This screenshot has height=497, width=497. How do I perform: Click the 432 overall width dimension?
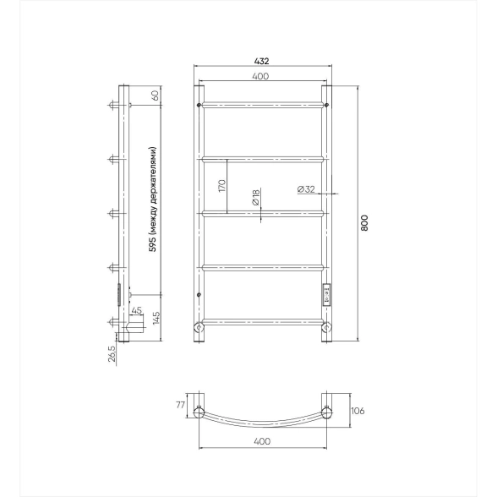click(x=261, y=61)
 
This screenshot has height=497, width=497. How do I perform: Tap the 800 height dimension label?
click(x=364, y=223)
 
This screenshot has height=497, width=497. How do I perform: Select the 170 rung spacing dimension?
click(x=221, y=186)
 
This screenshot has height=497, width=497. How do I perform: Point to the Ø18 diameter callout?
click(x=256, y=197)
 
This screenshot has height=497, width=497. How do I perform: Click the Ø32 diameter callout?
click(x=306, y=189)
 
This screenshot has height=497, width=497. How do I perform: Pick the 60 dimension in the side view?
click(x=156, y=95)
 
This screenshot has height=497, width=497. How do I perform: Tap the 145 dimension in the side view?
click(x=156, y=318)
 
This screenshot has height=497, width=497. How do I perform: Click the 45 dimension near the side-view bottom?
click(x=136, y=311)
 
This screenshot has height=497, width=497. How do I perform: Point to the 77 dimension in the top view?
click(x=180, y=405)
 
